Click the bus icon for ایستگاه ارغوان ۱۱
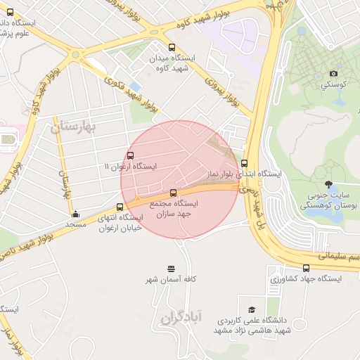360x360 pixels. pyautogui.click(x=130, y=155)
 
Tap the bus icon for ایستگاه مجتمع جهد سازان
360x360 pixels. pyautogui.click(x=174, y=192)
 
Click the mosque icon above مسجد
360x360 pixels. pyautogui.click(x=76, y=214)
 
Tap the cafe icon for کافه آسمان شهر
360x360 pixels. pyautogui.click(x=170, y=269)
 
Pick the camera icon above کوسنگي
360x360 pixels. pyautogui.click(x=333, y=73)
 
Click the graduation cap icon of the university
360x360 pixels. pyautogui.click(x=252, y=309)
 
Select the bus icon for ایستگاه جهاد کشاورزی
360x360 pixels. pyautogui.click(x=306, y=267)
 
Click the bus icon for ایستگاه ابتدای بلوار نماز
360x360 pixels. pyautogui.click(x=245, y=163)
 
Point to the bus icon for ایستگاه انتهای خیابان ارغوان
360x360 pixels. pyautogui.click(x=120, y=207)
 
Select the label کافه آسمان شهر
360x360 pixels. pyautogui.click(x=171, y=280)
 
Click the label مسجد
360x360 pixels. pyautogui.click(x=75, y=224)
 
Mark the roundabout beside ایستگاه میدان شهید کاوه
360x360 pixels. pyautogui.click(x=75, y=53)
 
